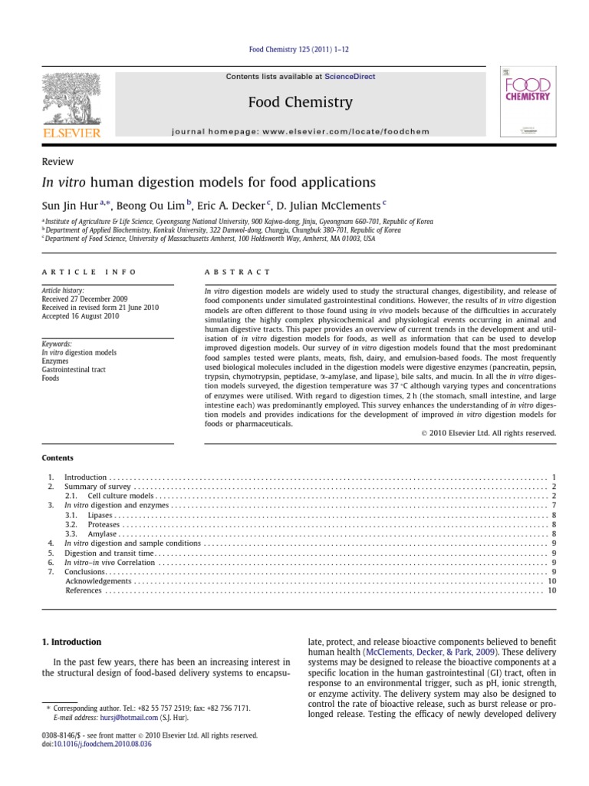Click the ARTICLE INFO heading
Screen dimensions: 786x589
89,272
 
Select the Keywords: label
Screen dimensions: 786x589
58,345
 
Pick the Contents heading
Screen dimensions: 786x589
58,457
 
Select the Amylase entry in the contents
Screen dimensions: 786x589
102,533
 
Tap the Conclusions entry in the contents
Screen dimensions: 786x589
84,571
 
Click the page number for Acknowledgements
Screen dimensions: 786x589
551,581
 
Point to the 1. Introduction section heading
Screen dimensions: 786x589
71,642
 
